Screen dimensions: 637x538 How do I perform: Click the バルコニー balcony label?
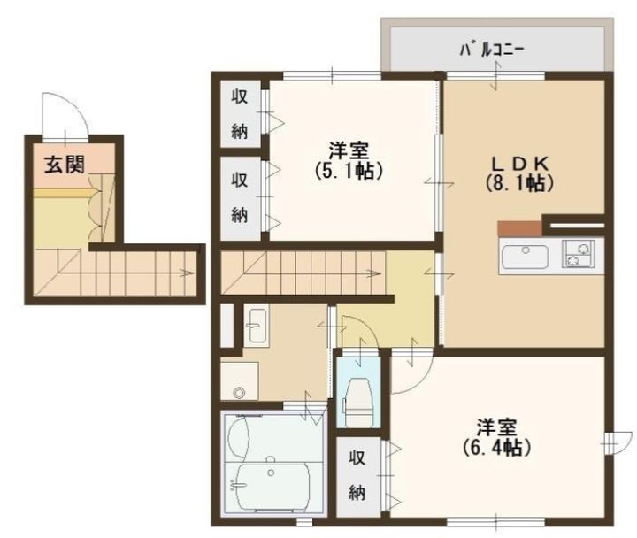click(x=492, y=50)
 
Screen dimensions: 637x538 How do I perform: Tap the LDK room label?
click(x=520, y=164)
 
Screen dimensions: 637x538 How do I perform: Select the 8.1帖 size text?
click(x=519, y=183)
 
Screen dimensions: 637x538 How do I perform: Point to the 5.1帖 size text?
click(x=349, y=172)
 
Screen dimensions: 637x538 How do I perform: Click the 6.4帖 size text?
click(x=496, y=448)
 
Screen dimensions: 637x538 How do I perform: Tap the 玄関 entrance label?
click(x=65, y=165)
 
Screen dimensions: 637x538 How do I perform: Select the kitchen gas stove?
click(x=578, y=254)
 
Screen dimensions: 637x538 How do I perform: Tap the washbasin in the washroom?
click(x=257, y=326)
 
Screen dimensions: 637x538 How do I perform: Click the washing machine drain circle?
click(x=239, y=392)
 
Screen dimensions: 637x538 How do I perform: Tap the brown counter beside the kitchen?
click(x=519, y=228)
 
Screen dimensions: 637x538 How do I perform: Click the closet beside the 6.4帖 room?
click(x=358, y=476)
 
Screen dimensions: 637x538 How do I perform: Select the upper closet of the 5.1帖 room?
click(x=240, y=114)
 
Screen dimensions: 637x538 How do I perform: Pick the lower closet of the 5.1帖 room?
click(x=240, y=198)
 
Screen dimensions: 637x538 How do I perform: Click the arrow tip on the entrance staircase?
click(x=193, y=273)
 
